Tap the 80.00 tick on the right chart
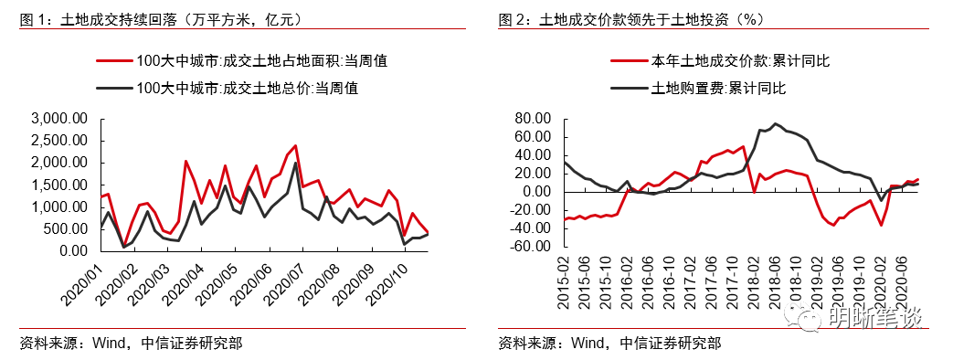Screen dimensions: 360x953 (535, 119)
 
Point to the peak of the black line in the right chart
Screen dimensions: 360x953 (775, 123)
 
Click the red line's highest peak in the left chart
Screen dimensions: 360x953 (295, 144)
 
